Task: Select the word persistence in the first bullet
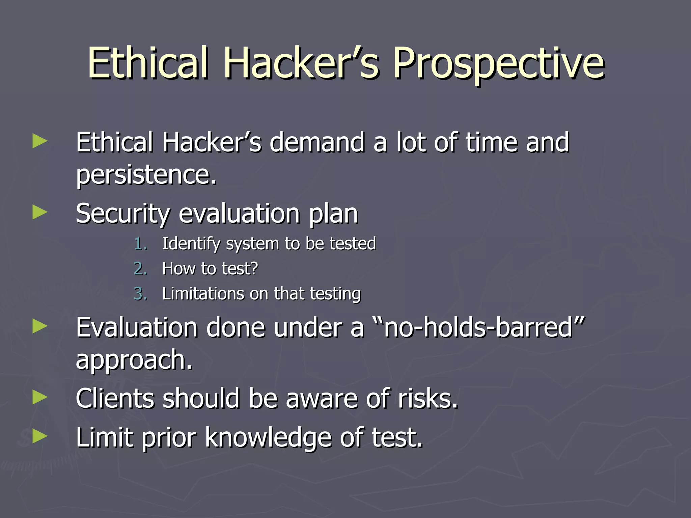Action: (145, 175)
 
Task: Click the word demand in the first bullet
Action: (317, 142)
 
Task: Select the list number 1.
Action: (140, 244)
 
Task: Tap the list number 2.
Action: (140, 269)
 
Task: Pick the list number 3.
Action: (140, 294)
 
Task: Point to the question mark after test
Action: (254, 269)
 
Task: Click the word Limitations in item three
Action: (203, 294)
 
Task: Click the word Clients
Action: (114, 399)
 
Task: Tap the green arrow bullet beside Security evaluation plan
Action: (40, 213)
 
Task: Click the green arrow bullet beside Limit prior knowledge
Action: (40, 436)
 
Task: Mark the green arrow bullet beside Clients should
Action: (40, 397)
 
